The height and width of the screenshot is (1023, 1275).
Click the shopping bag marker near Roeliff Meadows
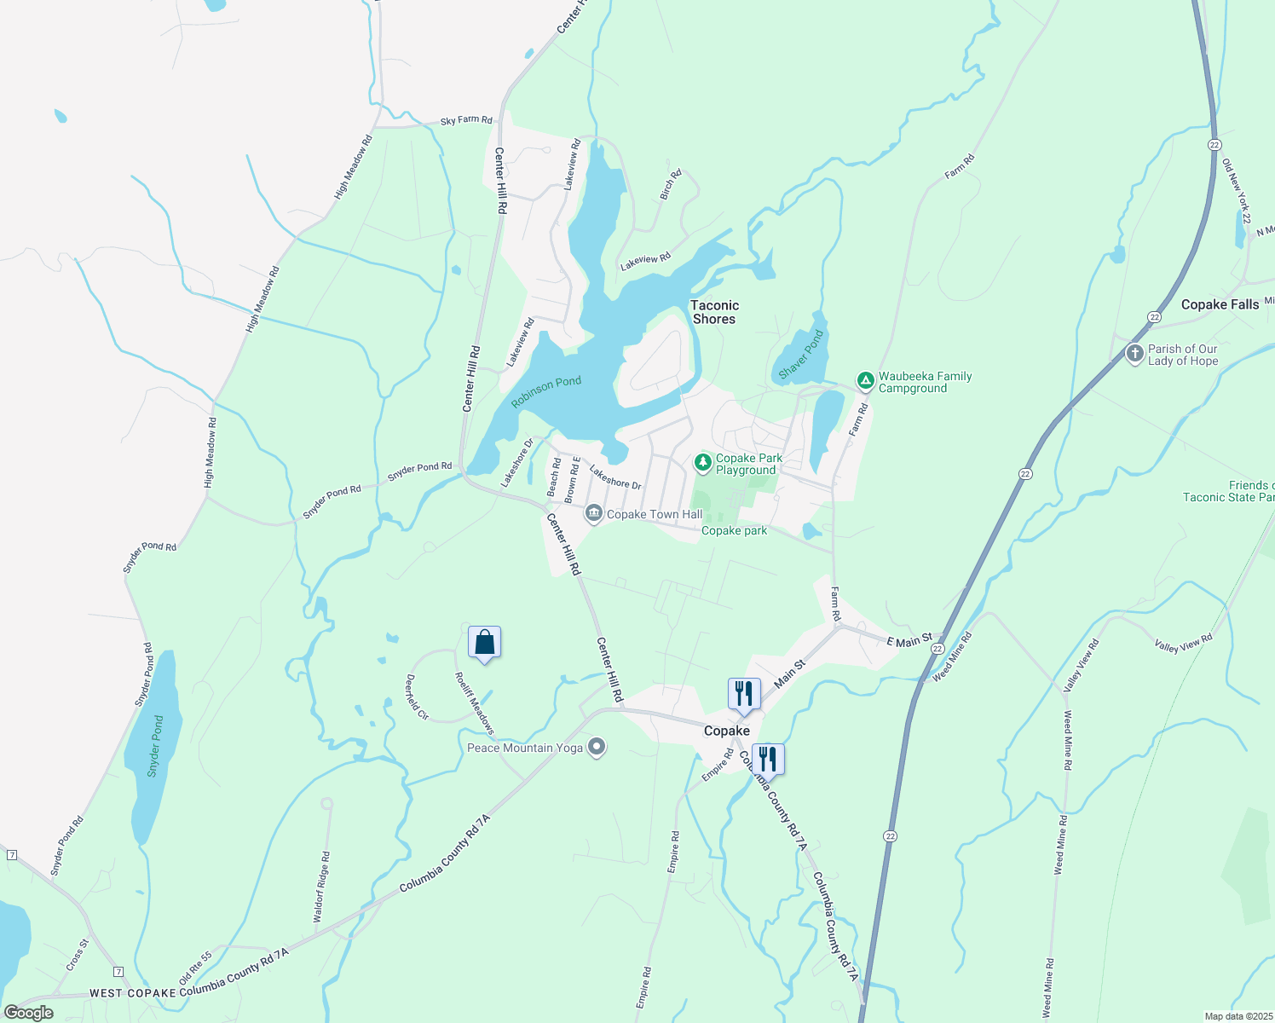pos(484,643)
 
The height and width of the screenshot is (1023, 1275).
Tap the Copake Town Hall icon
pos(594,514)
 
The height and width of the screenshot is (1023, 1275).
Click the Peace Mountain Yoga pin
pos(597,748)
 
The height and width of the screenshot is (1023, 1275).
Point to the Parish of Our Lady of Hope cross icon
pos(1134,354)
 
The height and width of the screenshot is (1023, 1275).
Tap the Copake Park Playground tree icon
pos(703,463)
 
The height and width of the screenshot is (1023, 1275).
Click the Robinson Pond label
pos(546,392)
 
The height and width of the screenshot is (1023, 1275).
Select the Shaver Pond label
pos(800,354)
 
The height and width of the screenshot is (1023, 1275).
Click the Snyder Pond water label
pos(154,746)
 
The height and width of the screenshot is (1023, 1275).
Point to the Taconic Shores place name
pos(714,312)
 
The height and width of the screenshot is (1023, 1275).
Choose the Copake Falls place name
pos(1220,304)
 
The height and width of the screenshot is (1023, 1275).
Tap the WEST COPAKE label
pos(132,993)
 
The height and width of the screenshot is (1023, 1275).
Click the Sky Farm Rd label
pos(466,120)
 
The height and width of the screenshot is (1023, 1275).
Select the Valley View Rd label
pos(1183,644)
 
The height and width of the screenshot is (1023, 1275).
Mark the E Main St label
pos(909,640)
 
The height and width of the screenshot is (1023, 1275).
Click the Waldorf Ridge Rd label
pos(321,887)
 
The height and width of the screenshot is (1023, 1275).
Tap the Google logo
pos(28,1012)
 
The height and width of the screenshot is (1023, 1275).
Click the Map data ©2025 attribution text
pos(1237,1016)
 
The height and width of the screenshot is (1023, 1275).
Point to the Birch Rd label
pos(671,185)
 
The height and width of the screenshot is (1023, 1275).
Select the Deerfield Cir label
pos(417,697)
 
